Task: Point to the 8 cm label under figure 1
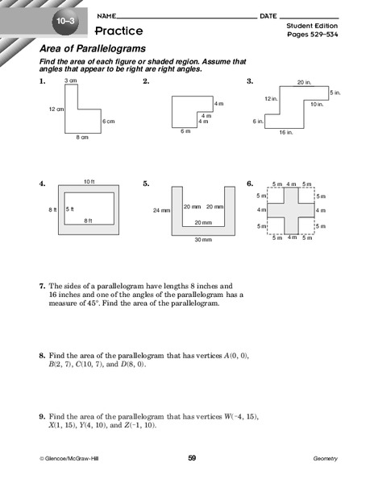[82, 138]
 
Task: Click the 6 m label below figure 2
[185, 130]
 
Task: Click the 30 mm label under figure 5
[202, 240]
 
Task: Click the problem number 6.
[250, 184]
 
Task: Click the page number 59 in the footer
[192, 458]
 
